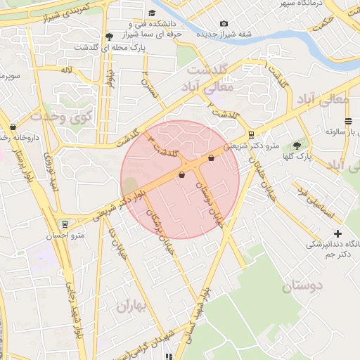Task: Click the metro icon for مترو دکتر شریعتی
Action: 251,136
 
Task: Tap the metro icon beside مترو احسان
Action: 65,224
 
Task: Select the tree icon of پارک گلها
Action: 296,146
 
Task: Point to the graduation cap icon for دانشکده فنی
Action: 152,13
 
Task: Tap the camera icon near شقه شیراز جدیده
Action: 224,24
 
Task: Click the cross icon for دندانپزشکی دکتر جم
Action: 338,233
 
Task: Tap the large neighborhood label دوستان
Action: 302,285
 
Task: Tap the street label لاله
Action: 67,70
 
